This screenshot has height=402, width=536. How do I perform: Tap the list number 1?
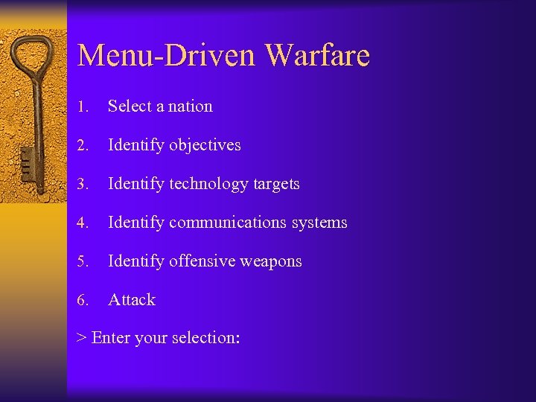82,106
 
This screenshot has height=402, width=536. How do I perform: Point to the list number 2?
83,145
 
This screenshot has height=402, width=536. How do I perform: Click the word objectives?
205,145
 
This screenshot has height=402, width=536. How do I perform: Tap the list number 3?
83,184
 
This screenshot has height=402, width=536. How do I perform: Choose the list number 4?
83,223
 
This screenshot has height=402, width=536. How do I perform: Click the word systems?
319,223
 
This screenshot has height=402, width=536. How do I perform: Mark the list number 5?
83,261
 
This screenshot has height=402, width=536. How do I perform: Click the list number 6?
83,300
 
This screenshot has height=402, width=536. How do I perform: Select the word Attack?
132,300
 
